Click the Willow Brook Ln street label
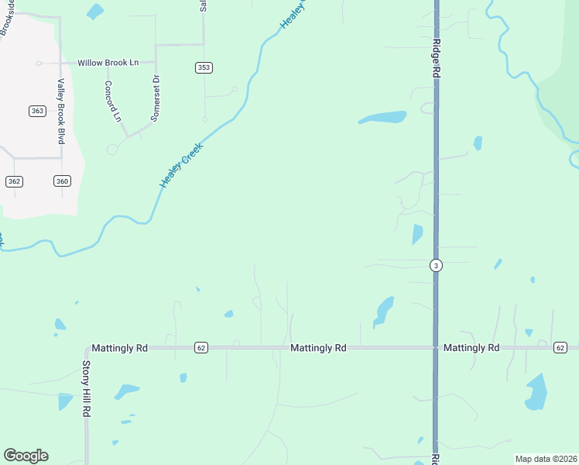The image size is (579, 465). [108, 63]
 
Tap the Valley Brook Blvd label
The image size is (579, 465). [60, 112]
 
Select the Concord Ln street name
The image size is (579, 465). [113, 102]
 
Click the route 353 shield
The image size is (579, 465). [204, 68]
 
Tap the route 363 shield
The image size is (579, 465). [37, 111]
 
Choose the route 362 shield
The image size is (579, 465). [14, 181]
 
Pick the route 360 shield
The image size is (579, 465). [63, 181]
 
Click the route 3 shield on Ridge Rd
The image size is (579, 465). [437, 265]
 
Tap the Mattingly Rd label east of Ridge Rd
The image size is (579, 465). [471, 348]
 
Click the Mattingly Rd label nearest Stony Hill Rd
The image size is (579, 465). [119, 349]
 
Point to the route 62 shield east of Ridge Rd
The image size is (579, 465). [560, 347]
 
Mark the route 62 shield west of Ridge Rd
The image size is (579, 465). [201, 347]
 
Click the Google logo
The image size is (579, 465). [26, 456]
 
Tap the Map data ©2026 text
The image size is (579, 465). [545, 459]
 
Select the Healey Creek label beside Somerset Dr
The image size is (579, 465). [181, 165]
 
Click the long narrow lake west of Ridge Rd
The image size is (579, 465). [382, 118]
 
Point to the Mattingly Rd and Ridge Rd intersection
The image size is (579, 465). [437, 348]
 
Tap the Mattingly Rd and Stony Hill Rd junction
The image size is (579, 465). [87, 348]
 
